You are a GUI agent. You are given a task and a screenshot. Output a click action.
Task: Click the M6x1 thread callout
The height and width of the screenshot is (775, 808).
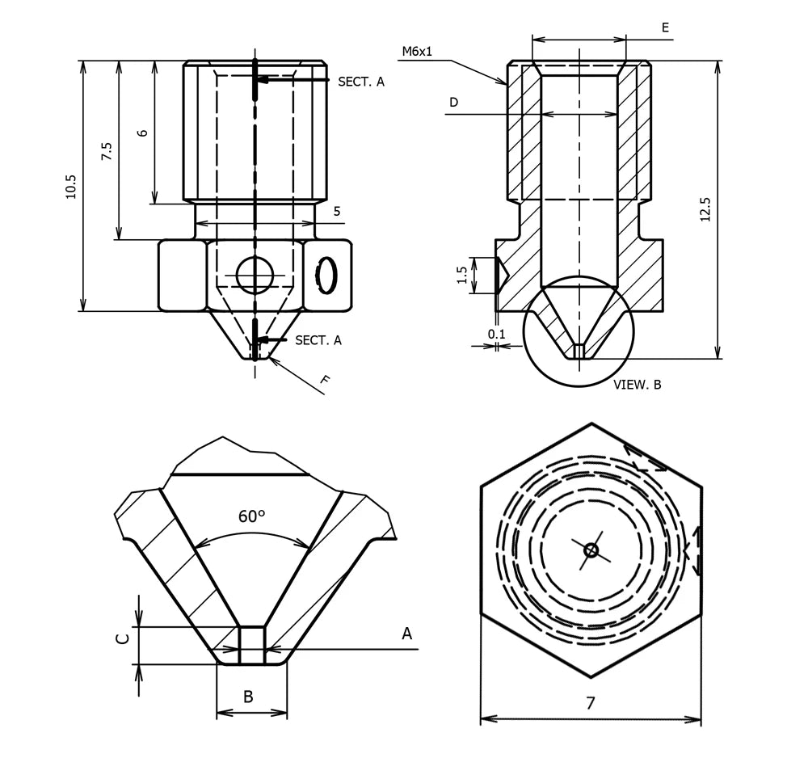417,52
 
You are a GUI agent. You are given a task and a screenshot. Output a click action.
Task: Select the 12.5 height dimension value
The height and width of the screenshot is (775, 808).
705,209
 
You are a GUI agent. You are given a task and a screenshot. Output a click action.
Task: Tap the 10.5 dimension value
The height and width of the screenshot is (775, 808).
71,187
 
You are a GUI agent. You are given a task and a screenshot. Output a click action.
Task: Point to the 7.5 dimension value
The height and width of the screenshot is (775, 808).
107,152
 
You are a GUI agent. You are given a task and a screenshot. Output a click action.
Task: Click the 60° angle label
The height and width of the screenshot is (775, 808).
252,516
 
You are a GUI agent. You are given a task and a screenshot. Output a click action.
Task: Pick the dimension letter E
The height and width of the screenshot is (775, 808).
665,27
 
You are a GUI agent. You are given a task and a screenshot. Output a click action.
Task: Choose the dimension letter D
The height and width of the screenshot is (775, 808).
453,103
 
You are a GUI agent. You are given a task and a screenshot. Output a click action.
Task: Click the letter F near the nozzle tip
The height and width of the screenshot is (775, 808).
325,380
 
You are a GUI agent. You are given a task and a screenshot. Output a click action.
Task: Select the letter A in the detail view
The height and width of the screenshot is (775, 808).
407,634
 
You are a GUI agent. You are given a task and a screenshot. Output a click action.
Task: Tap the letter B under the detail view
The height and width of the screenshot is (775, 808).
249,697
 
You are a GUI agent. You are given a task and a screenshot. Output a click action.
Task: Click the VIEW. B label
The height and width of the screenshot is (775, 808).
638,385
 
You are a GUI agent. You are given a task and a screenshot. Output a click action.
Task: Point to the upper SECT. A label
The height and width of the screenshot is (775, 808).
361,82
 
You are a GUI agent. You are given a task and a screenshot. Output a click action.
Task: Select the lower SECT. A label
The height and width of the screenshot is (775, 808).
318,340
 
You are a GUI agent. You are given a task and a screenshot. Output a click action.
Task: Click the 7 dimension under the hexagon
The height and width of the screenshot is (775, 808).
591,703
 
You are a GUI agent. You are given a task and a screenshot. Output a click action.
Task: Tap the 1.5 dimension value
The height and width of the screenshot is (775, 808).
462,276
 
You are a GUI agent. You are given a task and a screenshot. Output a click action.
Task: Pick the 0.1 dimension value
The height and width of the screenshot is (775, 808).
497,333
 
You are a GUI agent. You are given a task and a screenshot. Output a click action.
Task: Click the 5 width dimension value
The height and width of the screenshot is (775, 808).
337,212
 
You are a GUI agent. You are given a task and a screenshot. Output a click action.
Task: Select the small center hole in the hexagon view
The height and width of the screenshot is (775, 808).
591,550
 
